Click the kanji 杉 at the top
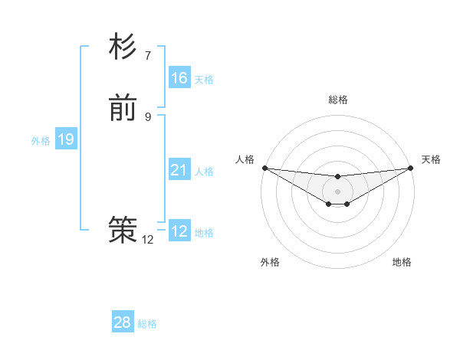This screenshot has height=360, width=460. coord(123,47)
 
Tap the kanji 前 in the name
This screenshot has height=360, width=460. coord(123,109)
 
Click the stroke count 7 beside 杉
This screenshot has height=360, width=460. coord(148,55)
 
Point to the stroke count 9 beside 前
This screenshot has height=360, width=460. coord(148,116)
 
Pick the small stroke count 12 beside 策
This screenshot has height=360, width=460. coord(148,240)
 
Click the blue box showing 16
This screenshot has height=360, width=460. coord(179,78)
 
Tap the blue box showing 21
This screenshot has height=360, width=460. coord(179,170)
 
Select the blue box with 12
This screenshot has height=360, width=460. coord(179,231)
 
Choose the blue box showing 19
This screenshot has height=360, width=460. coord(66,139)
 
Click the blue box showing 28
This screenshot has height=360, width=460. coord(123,322)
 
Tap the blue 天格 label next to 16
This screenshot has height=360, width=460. coord(204,80)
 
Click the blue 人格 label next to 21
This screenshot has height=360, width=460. coord(204,172)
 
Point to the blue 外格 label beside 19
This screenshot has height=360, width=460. coord(41,141)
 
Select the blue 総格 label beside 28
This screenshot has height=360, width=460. coord(147,324)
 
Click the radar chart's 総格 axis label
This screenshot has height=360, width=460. coord(337,100)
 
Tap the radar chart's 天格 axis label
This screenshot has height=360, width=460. coord(431,159)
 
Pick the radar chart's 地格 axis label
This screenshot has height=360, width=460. coord(402,262)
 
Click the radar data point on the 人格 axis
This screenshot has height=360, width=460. coord(264,168)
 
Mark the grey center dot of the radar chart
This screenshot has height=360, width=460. coord(337,191)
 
